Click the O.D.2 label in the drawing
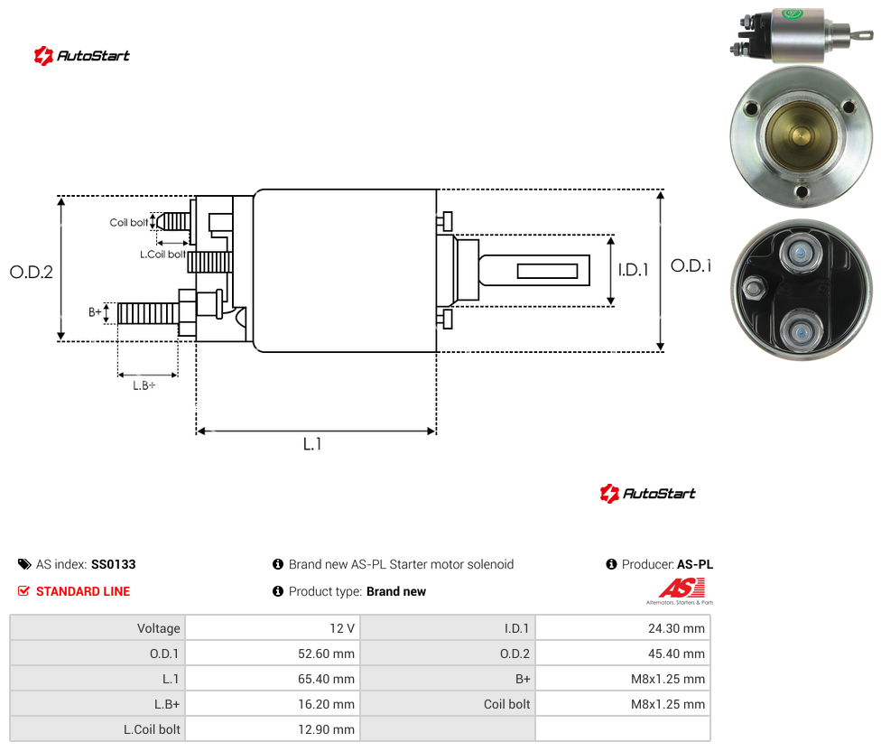coord(32,273)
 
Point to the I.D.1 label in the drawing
coord(634,270)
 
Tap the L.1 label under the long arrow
coord(312,444)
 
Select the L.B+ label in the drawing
coord(144,385)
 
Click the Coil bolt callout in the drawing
coord(129,222)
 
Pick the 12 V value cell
coord(274,628)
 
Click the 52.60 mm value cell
coord(274,654)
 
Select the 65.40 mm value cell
coord(274,679)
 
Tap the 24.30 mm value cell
coord(623,628)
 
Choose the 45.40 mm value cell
coord(623,654)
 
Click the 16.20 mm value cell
coord(274,704)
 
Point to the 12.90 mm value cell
coord(274,729)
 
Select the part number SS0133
coord(114,564)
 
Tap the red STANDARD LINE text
coord(83,591)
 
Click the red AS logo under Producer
coord(682,589)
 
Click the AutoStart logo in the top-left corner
coord(81,56)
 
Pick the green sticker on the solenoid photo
coord(793,14)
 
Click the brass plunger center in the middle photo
coord(800,136)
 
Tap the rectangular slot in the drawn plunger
coord(547,272)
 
